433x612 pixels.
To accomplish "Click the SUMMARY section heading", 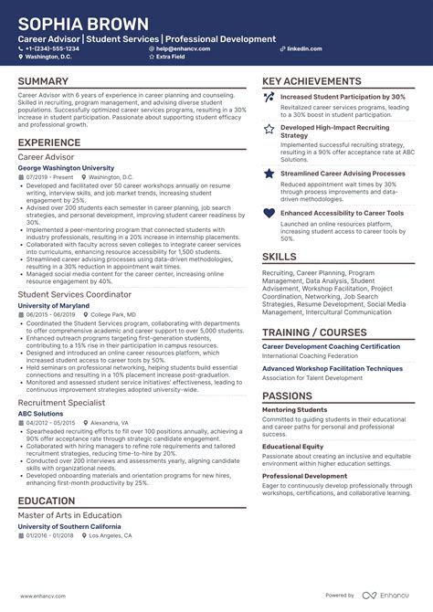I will (x=42, y=81).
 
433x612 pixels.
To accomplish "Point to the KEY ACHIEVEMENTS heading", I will (x=312, y=81).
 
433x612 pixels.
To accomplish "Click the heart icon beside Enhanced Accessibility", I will (x=269, y=213).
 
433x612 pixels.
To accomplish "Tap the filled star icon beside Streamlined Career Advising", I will (x=269, y=173).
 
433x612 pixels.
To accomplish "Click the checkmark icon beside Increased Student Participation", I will (x=269, y=97).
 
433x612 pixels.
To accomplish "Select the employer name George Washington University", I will (x=67, y=168).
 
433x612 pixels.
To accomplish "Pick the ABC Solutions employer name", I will (x=41, y=413).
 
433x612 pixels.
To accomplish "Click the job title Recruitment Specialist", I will (x=62, y=402).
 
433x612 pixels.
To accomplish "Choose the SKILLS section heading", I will (x=280, y=257).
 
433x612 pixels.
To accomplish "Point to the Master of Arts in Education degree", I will (x=70, y=515).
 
